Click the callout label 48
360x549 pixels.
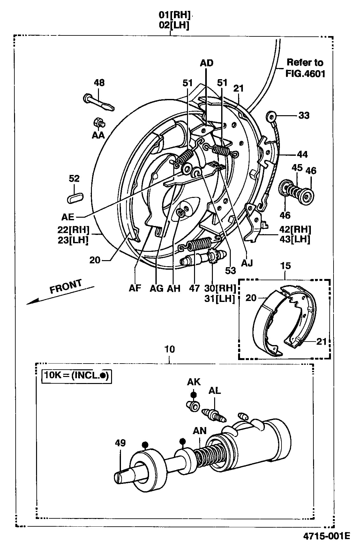click(x=99, y=83)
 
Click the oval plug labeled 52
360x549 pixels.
click(x=75, y=198)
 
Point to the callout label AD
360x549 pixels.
click(x=206, y=63)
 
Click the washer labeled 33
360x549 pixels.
click(x=271, y=116)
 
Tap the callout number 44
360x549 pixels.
click(x=302, y=154)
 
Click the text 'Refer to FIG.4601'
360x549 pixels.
click(x=305, y=68)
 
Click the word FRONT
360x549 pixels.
click(x=66, y=286)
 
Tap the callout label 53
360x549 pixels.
click(x=230, y=271)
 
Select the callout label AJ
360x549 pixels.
click(x=247, y=263)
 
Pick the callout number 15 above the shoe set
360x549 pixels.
click(x=285, y=266)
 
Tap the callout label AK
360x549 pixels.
click(x=194, y=382)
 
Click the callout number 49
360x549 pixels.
click(x=120, y=443)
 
